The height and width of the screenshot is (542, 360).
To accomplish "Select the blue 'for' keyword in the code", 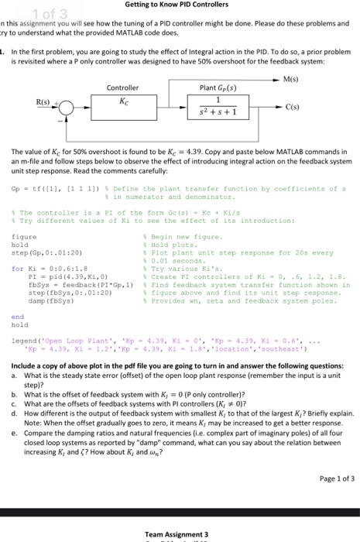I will [x=17, y=269].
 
